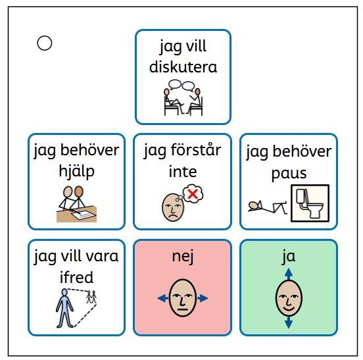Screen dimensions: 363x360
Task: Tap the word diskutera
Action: click(x=183, y=67)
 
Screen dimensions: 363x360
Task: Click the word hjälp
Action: click(x=77, y=172)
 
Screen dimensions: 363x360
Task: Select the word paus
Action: click(x=289, y=174)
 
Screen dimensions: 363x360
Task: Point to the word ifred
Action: click(x=76, y=277)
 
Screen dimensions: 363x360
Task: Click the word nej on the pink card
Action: click(x=183, y=257)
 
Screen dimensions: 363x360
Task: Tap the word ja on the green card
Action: click(x=289, y=257)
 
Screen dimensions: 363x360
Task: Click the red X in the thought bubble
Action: click(x=193, y=193)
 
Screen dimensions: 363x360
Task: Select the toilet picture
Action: click(x=310, y=203)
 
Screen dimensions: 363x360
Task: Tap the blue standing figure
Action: click(x=64, y=308)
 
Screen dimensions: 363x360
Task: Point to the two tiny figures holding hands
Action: click(x=91, y=297)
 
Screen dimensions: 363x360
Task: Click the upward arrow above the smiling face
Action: click(x=289, y=274)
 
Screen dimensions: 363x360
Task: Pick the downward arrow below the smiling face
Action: click(x=289, y=322)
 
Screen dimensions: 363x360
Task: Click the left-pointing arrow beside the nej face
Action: click(x=162, y=298)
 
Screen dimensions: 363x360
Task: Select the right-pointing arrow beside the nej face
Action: click(x=203, y=298)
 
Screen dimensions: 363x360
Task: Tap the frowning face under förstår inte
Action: click(x=173, y=207)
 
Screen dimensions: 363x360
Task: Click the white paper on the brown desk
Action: click(x=84, y=214)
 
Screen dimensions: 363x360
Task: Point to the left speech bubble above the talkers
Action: click(x=175, y=84)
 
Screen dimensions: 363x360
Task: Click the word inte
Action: click(x=183, y=172)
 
